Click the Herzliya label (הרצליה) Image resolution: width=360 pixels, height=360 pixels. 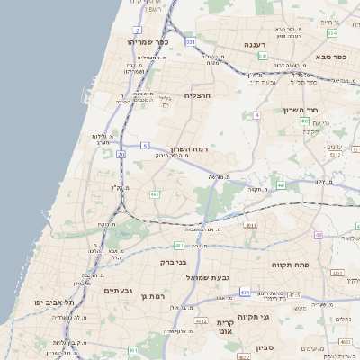196,94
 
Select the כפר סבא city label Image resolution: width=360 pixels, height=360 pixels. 331,57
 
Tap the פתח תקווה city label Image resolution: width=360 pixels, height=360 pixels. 297,265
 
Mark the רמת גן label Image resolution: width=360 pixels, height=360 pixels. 157,295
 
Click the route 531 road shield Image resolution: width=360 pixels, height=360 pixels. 191,41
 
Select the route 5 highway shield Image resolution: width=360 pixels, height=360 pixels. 145,145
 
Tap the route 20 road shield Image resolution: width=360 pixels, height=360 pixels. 121,154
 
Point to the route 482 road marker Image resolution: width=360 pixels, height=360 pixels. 155,193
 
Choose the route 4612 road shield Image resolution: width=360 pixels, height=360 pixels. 202,320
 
